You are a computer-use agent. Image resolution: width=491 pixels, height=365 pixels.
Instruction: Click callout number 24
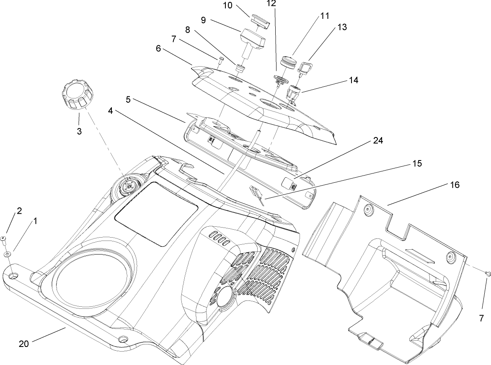point(378,142)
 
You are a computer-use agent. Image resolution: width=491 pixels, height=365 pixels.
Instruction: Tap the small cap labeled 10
point(260,21)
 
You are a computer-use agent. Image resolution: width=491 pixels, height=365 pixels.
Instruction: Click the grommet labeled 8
point(240,68)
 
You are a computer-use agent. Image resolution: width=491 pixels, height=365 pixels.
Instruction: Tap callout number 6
point(158,48)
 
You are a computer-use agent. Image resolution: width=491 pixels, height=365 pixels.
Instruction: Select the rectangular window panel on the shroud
point(156,213)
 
